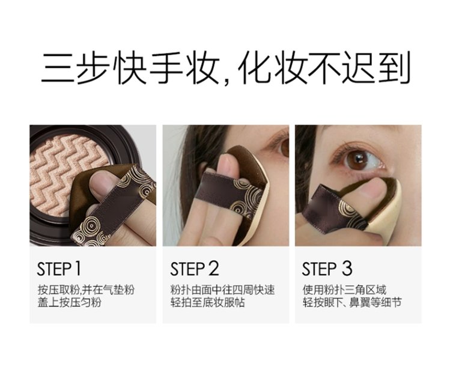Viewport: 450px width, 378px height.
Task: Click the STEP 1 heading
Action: tap(59, 269)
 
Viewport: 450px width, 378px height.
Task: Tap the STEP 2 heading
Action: tap(195, 269)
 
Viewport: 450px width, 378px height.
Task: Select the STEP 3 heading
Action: tap(327, 269)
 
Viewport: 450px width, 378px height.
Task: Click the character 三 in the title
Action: tap(58, 68)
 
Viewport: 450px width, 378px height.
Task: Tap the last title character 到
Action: tap(394, 68)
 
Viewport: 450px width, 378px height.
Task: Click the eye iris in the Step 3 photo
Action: tap(357, 160)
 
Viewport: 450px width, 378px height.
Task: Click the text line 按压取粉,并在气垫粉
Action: tap(86, 290)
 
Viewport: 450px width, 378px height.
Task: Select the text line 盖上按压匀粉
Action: tap(70, 302)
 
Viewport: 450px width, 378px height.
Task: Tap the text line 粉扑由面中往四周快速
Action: tap(223, 290)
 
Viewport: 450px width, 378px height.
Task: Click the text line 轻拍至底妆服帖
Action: tap(207, 302)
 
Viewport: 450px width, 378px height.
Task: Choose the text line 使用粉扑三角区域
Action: tap(344, 290)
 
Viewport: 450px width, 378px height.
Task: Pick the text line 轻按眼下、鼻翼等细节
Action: tap(352, 302)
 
